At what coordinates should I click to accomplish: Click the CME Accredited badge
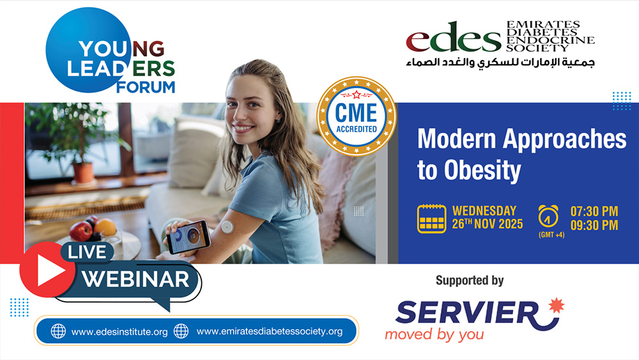[356, 116]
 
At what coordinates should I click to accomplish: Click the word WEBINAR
[135, 279]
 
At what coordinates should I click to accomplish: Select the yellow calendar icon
[431, 219]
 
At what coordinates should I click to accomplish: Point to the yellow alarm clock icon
[548, 216]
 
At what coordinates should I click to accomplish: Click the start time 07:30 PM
[594, 211]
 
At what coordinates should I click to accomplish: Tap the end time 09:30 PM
[594, 225]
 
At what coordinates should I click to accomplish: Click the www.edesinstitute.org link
[119, 332]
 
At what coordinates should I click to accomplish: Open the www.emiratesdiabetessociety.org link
[270, 331]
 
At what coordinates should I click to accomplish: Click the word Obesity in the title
[482, 170]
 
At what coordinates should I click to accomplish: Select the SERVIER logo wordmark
[468, 313]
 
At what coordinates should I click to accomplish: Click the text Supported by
[470, 281]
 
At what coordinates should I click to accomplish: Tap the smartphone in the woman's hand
[189, 237]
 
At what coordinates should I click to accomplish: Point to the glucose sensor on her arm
[227, 227]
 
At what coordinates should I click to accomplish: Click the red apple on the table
[81, 231]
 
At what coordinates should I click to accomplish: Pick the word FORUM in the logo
[146, 87]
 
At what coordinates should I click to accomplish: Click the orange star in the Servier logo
[556, 306]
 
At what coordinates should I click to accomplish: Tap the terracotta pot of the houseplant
[82, 173]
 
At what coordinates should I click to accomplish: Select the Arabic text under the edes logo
[500, 63]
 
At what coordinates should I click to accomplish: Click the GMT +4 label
[551, 235]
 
